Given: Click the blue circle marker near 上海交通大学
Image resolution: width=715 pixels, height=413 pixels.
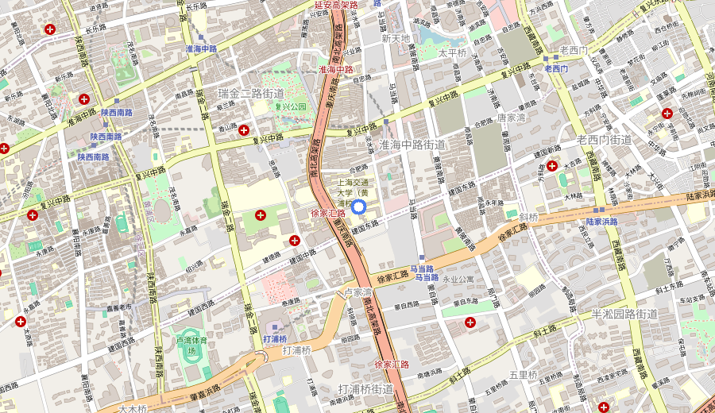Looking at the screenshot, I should [x=357, y=207].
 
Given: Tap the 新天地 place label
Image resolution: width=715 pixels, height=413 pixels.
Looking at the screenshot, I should [x=396, y=38].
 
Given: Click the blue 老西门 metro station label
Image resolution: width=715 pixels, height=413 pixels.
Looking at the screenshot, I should [x=555, y=69].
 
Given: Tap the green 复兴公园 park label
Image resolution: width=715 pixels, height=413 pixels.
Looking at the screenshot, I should [x=291, y=106].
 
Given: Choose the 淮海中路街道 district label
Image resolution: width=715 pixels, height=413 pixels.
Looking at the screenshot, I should [x=412, y=145].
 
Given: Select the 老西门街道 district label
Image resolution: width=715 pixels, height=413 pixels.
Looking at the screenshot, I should [x=604, y=140].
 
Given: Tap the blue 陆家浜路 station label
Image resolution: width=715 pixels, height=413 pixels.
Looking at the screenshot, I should [x=601, y=222].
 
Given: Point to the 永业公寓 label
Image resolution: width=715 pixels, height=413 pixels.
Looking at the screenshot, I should [x=458, y=280].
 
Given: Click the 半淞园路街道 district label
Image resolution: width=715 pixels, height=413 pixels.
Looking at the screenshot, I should [x=624, y=314].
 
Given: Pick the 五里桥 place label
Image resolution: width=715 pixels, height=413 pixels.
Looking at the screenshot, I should [x=524, y=375].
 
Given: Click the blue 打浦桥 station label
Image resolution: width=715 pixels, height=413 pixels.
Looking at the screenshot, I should [x=274, y=338].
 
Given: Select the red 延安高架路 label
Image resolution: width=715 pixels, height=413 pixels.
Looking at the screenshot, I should [x=331, y=5].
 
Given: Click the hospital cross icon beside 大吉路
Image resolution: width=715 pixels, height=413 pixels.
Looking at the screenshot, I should [x=552, y=166].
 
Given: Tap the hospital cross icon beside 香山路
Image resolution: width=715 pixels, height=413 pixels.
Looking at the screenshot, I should [x=244, y=129].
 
